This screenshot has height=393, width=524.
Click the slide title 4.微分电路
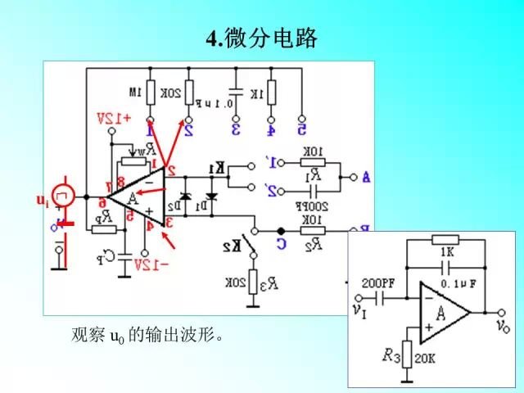260,38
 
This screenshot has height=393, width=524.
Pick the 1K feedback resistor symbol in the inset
446,240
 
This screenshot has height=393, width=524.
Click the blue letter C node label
281,242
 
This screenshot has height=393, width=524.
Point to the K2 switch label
233,245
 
